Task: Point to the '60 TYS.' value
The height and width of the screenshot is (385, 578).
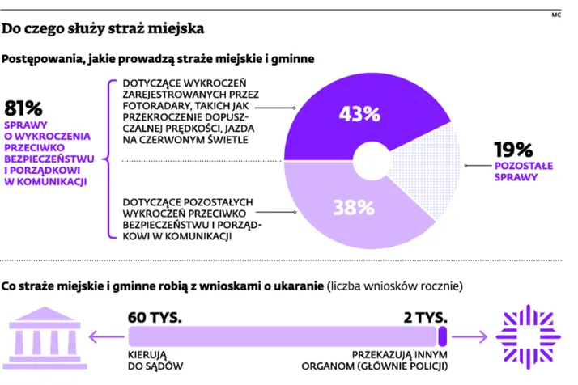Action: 154,315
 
